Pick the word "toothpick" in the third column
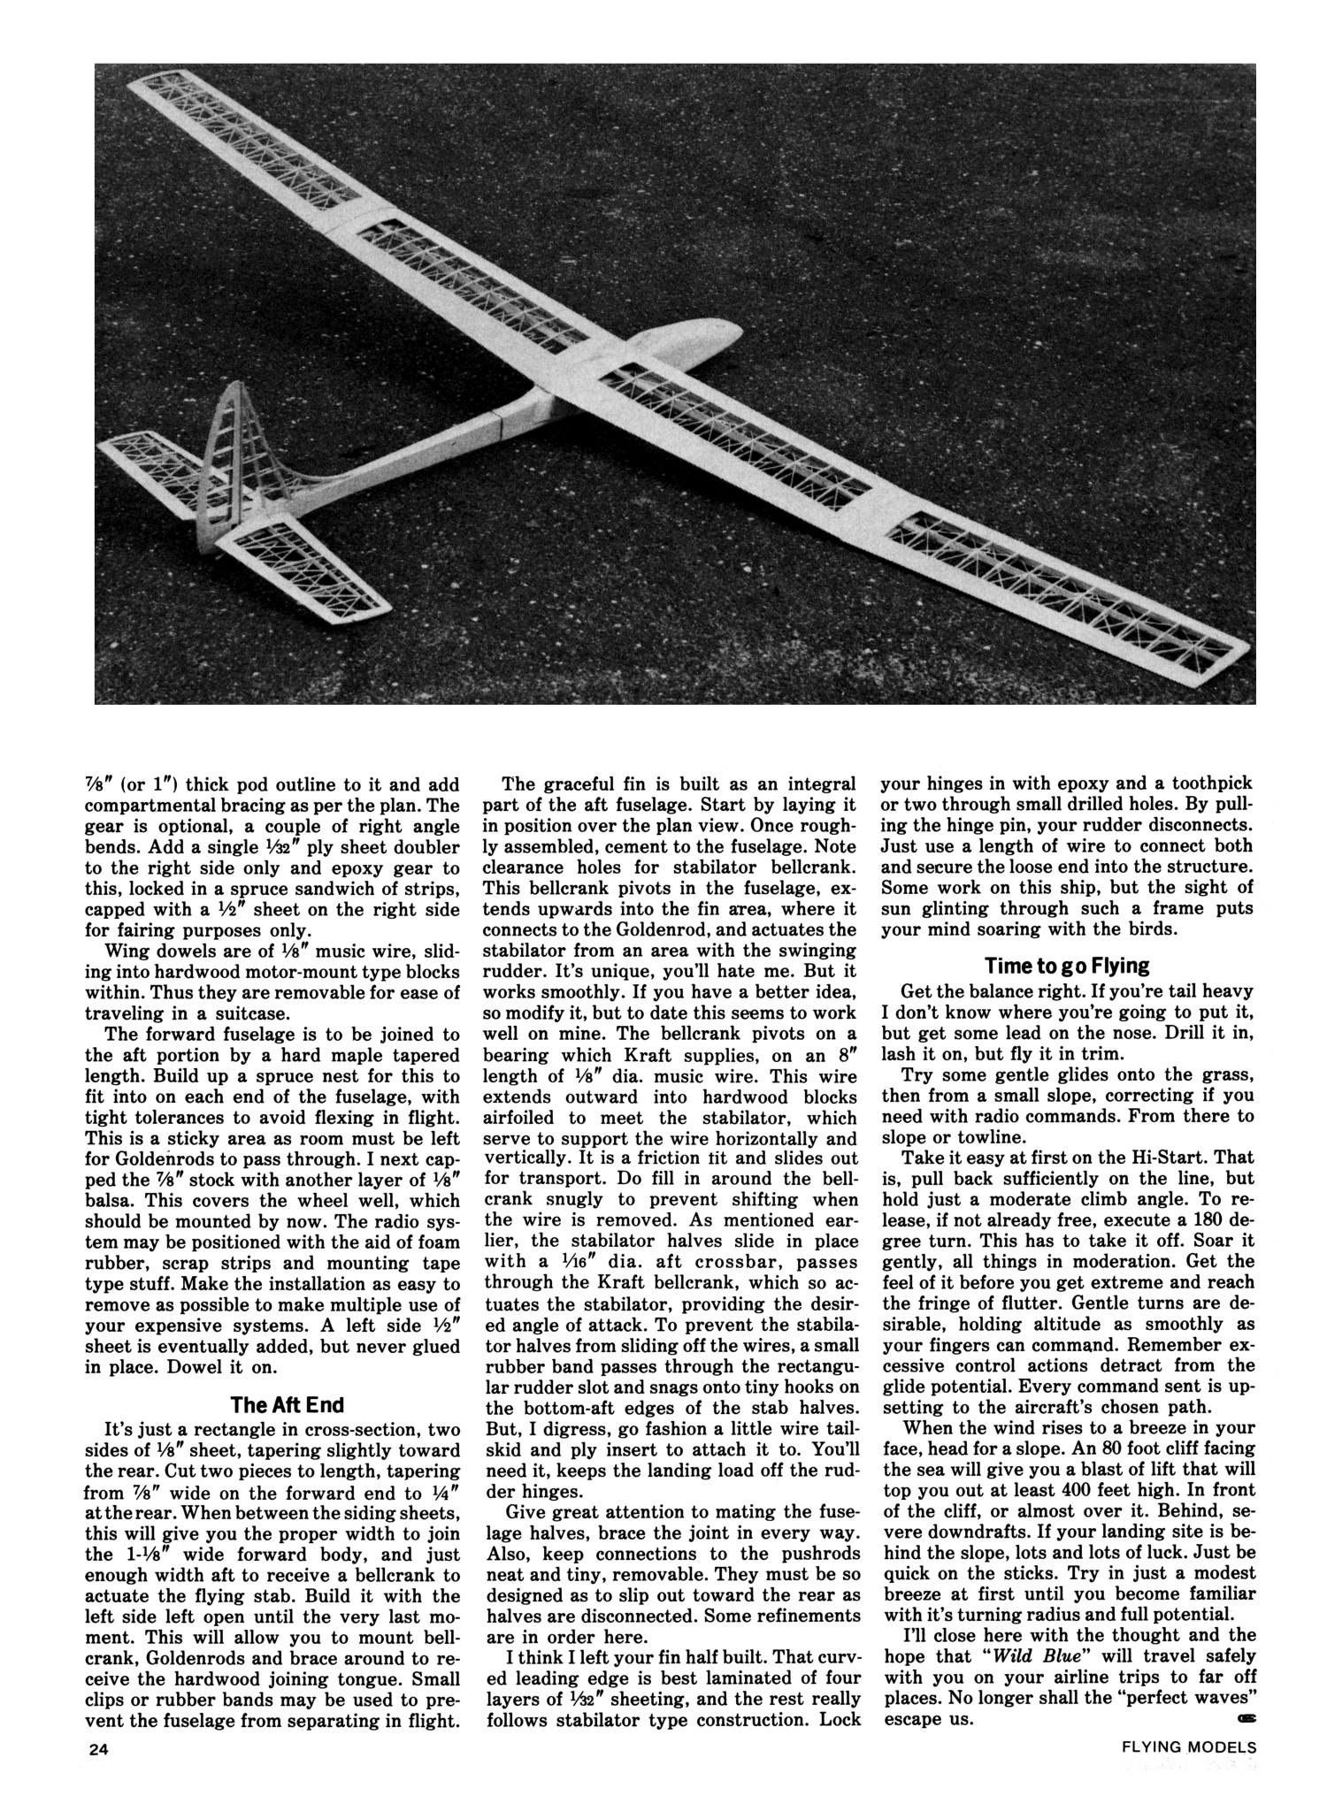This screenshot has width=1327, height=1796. [1214, 783]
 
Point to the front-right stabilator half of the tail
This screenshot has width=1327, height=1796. [305, 566]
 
